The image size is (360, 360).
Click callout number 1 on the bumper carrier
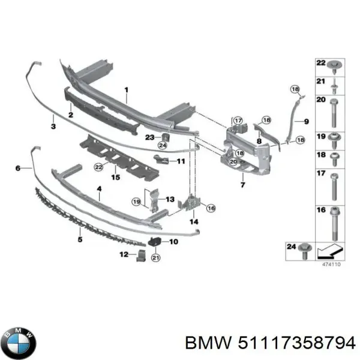coord(127,91)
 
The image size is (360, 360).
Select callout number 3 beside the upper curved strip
coord(53,127)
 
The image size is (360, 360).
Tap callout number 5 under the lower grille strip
coord(79,239)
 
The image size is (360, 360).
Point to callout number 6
coord(18,169)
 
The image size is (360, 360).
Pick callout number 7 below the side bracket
coord(242,185)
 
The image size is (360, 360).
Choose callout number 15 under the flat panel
coord(116,178)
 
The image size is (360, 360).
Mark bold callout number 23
coord(149,138)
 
